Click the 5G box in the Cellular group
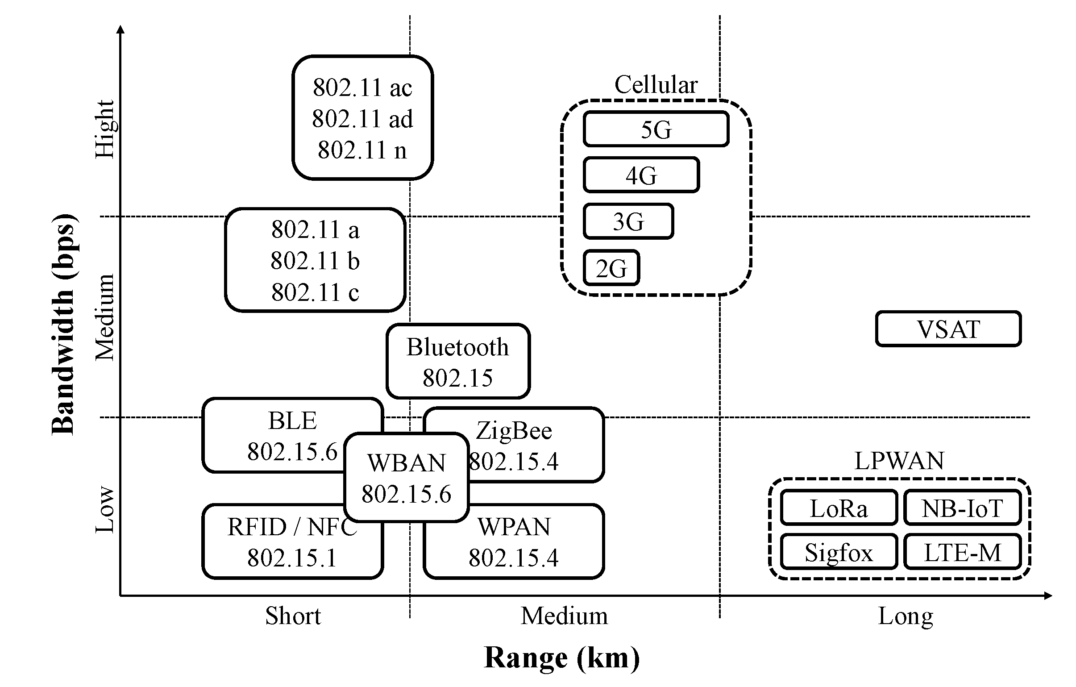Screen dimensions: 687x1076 point(656,129)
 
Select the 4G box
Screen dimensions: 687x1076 point(641,175)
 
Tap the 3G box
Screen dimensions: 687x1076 point(628,222)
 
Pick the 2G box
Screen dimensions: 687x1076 point(611,268)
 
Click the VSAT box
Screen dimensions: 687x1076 point(948,329)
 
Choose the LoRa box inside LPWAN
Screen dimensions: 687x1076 point(838,508)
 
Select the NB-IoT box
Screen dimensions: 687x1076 point(962,508)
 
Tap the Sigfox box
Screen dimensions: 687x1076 point(838,553)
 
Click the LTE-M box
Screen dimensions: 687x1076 point(962,553)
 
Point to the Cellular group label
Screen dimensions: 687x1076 point(656,84)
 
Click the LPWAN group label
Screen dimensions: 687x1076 point(899,461)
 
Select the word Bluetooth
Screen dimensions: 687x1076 point(457,347)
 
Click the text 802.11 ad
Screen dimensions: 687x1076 point(362,119)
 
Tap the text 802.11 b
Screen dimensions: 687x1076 point(315,261)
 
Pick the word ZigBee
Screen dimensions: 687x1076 point(513,431)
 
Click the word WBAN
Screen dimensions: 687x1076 point(406,462)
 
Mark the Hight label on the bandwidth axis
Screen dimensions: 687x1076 point(105,129)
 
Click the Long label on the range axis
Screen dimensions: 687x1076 point(906,616)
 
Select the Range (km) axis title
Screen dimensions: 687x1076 point(561,658)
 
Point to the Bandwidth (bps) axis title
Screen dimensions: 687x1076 point(63,325)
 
